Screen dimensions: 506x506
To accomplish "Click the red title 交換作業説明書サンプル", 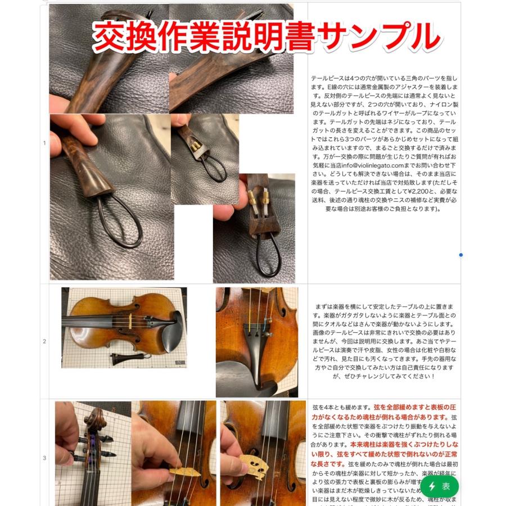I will pos(265,37).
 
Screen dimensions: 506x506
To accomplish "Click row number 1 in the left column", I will pos(44,143).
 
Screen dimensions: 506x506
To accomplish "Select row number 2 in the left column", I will pos(44,341).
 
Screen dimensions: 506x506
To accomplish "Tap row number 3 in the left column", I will pos(44,458).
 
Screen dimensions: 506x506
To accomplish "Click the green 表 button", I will pos(440,486).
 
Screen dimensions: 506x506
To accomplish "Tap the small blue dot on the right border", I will pos(461,255).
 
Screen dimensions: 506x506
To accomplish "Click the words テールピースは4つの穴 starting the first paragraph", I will pos(350,79).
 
